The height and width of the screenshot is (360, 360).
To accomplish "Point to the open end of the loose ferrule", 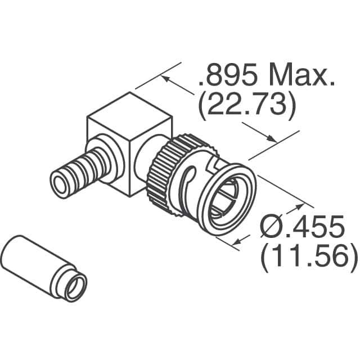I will coord(74,287).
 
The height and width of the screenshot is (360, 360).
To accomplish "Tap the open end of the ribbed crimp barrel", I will coord(60,183).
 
